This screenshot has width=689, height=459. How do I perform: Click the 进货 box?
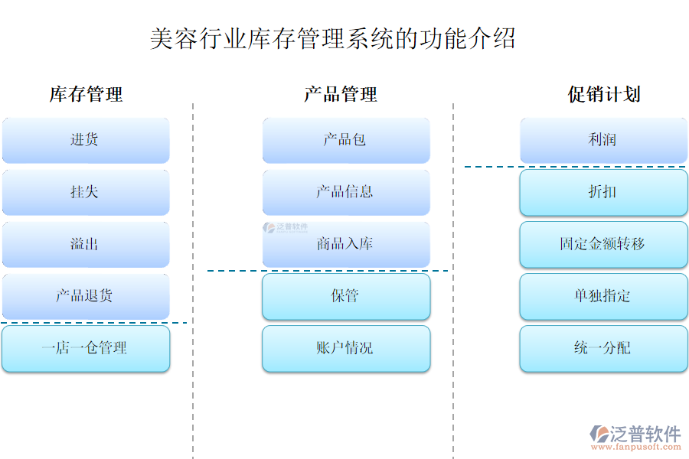tap(85, 140)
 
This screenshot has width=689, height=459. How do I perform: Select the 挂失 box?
tap(85, 192)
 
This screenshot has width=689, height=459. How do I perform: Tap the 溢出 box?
tap(85, 244)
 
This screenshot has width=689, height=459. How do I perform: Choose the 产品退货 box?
tap(85, 296)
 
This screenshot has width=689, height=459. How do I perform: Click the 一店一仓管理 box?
tap(85, 348)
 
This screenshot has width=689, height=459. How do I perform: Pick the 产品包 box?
tap(345, 140)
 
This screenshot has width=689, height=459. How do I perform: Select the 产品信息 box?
tap(345, 192)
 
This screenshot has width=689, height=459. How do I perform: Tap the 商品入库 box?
tap(345, 244)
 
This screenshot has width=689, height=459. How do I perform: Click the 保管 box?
tap(345, 296)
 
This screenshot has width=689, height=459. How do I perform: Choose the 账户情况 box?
tap(345, 348)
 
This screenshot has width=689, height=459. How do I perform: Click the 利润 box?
tap(603, 140)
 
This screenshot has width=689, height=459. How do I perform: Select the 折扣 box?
tap(603, 192)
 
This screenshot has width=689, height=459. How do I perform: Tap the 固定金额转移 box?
tap(603, 244)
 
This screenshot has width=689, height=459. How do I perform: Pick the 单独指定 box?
tap(603, 296)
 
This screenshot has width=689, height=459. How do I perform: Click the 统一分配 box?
tap(603, 348)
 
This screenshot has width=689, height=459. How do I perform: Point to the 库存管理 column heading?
tap(86, 95)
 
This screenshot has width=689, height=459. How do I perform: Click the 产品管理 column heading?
tap(341, 95)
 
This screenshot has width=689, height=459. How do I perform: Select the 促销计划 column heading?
tap(604, 95)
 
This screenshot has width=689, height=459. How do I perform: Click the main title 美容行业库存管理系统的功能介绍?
tap(332, 38)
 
